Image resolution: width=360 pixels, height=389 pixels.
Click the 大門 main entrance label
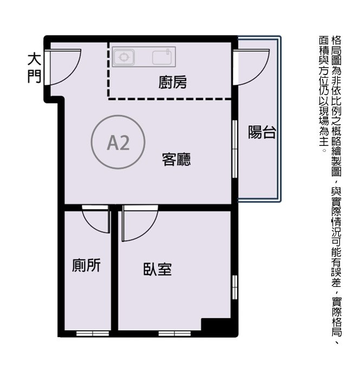[x=34, y=68]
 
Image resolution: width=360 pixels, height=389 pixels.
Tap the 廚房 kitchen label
[x=173, y=82]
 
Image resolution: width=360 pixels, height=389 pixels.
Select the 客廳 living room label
[x=176, y=159]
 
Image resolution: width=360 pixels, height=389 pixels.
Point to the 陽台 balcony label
[x=262, y=132]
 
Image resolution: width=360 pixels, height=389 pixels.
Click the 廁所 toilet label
[x=86, y=265]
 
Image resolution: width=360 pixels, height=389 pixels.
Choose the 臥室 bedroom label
[x=158, y=269]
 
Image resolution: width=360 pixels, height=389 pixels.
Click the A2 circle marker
[x=118, y=142]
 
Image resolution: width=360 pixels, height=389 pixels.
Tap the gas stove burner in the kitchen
[x=123, y=57]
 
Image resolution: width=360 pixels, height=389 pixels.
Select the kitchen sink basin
[x=162, y=58]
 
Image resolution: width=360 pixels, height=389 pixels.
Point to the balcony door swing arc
[x=260, y=75]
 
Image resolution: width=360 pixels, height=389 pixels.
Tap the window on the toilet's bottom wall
[x=93, y=333]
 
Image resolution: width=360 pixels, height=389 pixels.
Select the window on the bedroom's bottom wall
[x=174, y=333]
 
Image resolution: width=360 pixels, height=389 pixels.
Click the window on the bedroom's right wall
[x=235, y=287]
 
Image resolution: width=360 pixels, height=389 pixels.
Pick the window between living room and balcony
[x=235, y=149]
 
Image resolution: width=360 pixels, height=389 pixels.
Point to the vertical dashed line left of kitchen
[x=108, y=70]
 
